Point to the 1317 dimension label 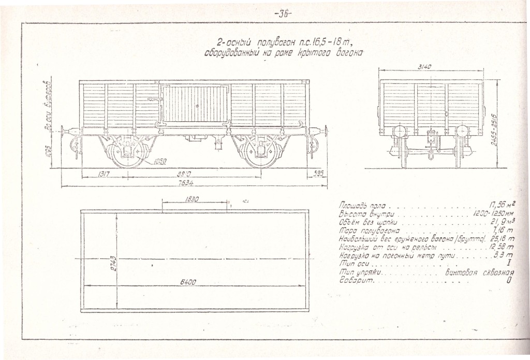click(x=102, y=175)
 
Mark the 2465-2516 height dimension click(x=494, y=129)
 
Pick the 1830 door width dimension click(x=193, y=199)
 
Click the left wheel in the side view click(x=126, y=151)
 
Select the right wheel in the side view click(x=260, y=152)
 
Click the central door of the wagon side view click(x=195, y=104)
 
